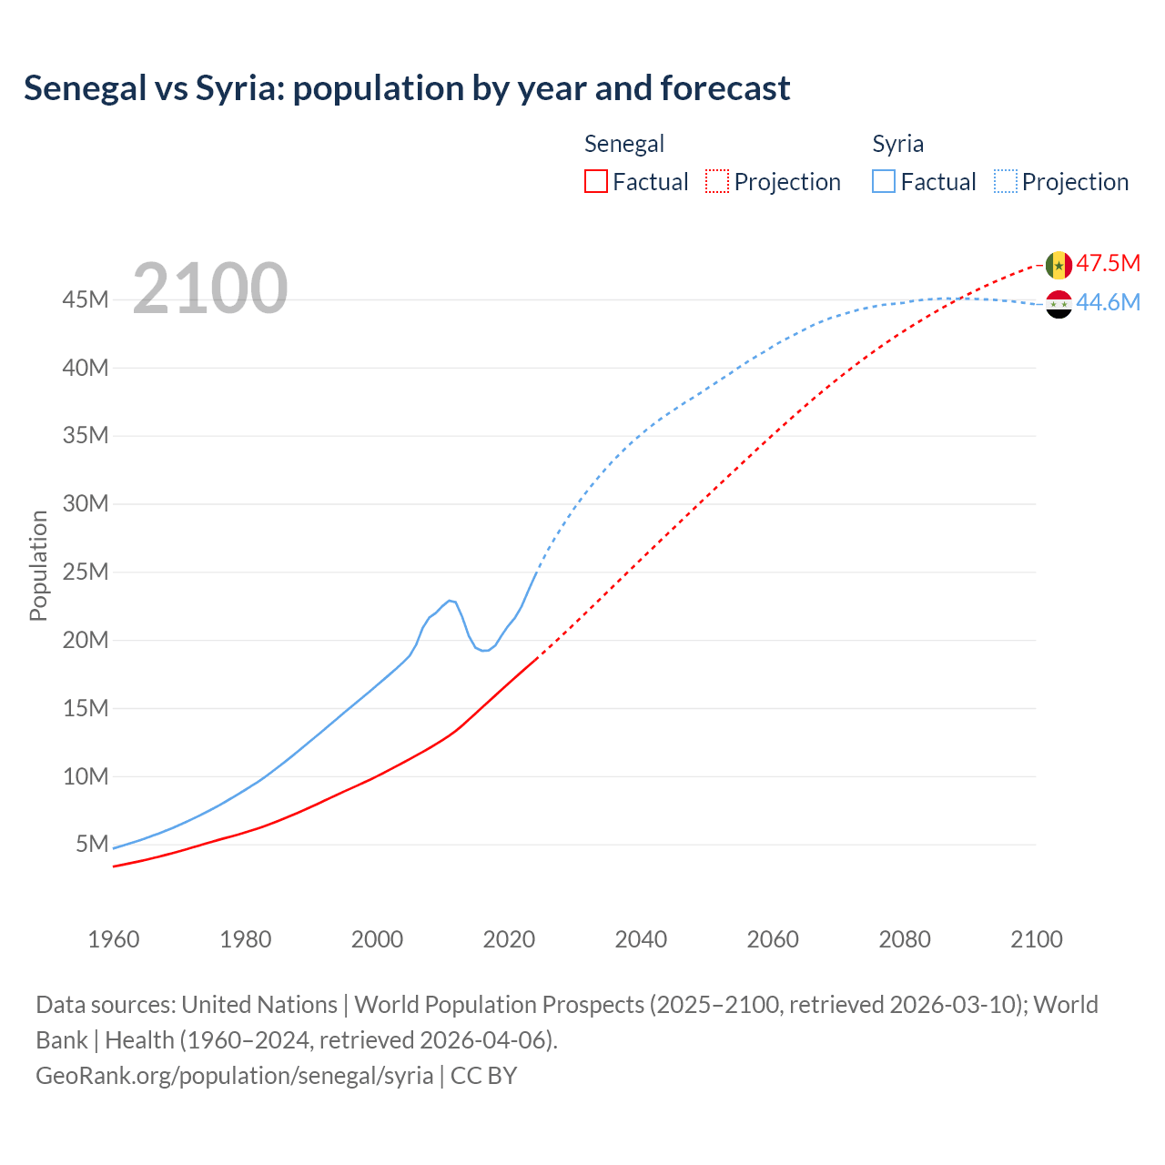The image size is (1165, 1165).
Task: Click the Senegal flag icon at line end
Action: (1059, 265)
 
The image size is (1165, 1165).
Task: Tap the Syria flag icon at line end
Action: (1059, 304)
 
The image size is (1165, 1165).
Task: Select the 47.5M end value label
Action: (1108, 264)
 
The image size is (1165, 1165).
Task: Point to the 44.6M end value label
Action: (1108, 303)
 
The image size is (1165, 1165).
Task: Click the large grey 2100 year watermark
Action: (210, 289)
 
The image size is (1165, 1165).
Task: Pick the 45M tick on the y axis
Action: (86, 299)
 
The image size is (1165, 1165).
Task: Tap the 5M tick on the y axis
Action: (92, 844)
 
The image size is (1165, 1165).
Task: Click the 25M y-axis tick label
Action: (86, 572)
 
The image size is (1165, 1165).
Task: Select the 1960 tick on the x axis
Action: (114, 939)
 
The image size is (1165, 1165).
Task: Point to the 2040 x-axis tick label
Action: (641, 939)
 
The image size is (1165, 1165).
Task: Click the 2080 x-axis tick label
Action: (905, 939)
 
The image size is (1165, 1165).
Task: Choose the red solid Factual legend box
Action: (595, 182)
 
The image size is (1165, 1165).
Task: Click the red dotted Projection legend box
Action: (717, 182)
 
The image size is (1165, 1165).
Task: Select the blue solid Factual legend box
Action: (884, 182)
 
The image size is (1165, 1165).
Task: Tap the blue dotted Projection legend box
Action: (1006, 182)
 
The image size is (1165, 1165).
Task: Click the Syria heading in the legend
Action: (897, 144)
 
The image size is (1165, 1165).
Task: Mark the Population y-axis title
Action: (38, 565)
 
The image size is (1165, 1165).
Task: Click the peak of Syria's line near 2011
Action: (450, 601)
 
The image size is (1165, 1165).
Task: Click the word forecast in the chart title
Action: (725, 88)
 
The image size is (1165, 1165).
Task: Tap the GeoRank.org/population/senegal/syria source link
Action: (235, 1075)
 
